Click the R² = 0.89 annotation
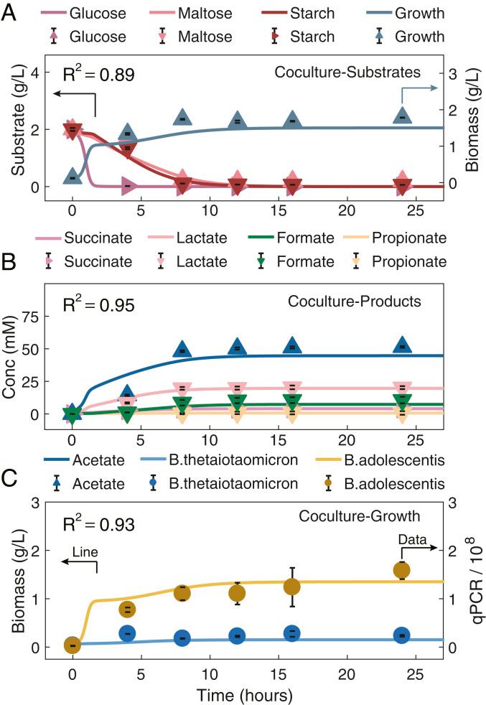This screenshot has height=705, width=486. point(98,73)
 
